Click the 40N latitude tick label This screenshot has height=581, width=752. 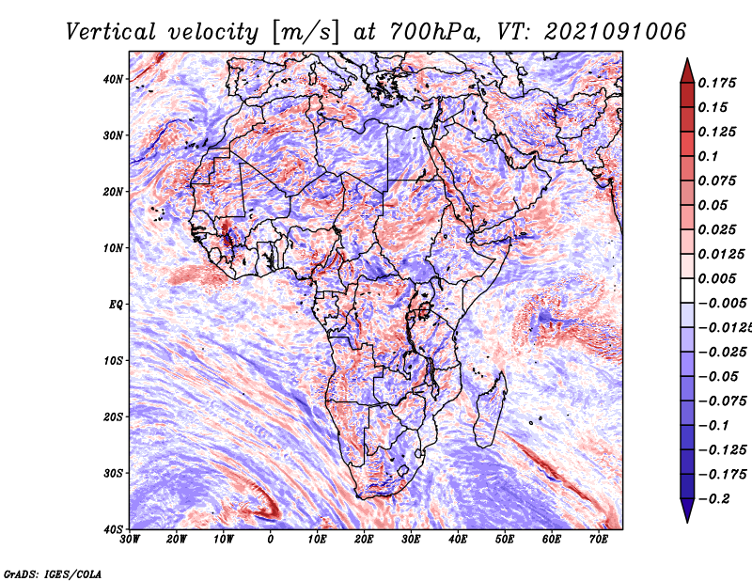click(113, 79)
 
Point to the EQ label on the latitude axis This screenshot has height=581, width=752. click(116, 305)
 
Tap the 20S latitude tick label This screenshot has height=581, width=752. click(113, 416)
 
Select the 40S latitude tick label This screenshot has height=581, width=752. click(113, 529)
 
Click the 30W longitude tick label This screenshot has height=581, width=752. click(130, 540)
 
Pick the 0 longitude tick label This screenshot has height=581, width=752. click(271, 540)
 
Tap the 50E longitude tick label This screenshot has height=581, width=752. click(505, 540)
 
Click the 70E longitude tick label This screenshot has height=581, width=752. click(599, 540)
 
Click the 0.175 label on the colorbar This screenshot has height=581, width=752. click(717, 83)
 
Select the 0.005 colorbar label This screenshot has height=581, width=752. click(717, 278)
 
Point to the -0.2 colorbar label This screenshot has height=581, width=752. click(713, 499)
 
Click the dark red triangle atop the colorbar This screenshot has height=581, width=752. click(687, 72)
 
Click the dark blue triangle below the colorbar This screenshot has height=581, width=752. click(687, 510)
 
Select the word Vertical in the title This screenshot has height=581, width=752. click(111, 32)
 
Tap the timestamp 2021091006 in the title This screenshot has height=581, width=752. click(616, 32)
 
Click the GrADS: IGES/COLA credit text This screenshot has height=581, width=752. click(53, 574)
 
